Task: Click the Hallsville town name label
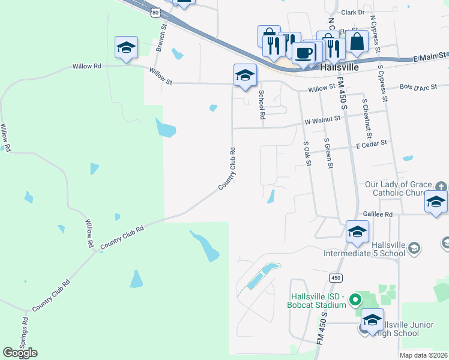(340, 68)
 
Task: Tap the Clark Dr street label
(352, 12)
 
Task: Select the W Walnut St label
(322, 121)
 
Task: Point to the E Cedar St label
(372, 144)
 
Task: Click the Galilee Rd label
(378, 214)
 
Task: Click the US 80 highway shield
(155, 12)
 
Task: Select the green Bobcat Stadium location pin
(355, 298)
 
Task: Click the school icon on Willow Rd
(126, 48)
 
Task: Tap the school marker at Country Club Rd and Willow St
(245, 76)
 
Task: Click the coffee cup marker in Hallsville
(304, 52)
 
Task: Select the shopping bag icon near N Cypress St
(357, 41)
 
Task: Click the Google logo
(20, 353)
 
